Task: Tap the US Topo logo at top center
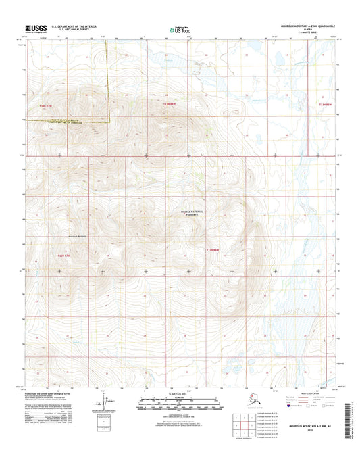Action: coord(179,30)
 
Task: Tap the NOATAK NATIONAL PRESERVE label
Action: coord(212,212)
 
